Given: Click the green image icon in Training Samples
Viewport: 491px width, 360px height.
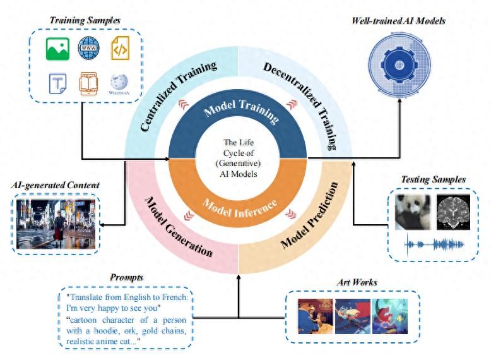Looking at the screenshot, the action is [57, 49].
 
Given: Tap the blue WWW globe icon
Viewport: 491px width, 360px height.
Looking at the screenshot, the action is [88, 48].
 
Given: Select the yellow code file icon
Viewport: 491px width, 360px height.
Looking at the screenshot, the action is [121, 48].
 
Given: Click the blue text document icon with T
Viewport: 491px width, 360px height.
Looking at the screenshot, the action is [57, 83].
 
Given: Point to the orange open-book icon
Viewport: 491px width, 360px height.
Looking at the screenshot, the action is [88, 83].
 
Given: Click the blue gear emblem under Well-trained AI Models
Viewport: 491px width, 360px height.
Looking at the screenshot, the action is [399, 65].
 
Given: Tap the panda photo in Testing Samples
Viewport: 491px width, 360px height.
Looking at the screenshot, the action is [412, 212].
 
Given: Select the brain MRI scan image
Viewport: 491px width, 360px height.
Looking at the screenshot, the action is [453, 212].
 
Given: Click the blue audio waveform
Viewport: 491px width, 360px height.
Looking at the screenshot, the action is [434, 244].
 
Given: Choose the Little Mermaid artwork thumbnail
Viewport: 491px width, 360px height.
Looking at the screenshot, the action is [390, 316].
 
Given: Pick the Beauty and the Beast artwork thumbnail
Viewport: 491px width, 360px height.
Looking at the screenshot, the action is [316, 316].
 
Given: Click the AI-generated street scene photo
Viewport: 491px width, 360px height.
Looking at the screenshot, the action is [56, 224].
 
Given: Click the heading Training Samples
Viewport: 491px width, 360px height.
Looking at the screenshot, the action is [85, 20].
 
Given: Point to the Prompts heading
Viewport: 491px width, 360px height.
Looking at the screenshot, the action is [126, 277].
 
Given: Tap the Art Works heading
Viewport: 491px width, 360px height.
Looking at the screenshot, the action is [357, 282].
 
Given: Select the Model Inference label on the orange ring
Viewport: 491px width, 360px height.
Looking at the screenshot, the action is [240, 208].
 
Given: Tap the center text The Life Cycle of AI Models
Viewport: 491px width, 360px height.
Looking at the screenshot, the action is [239, 159].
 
